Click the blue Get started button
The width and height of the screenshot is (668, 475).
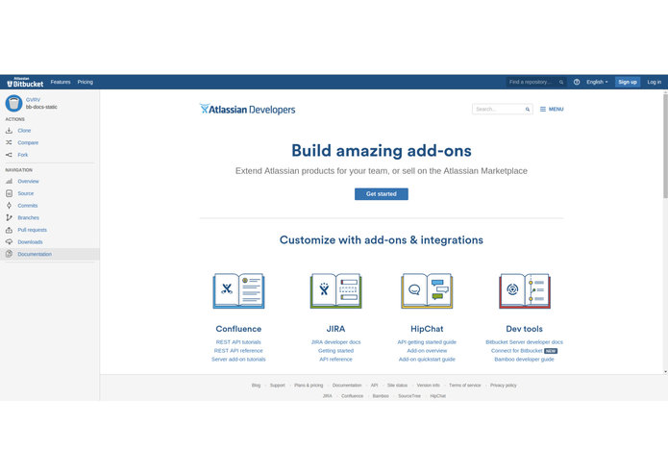pyautogui.click(x=381, y=194)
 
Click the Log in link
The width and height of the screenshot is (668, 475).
pyautogui.click(x=654, y=82)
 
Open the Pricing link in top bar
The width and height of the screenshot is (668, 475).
pyautogui.click(x=86, y=82)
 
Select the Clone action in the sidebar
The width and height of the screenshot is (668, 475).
pyautogui.click(x=24, y=130)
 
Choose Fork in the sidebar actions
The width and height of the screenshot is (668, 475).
pyautogui.click(x=23, y=155)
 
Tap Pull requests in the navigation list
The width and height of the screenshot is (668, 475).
pyautogui.click(x=32, y=230)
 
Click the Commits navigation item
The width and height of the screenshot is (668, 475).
pyautogui.click(x=28, y=206)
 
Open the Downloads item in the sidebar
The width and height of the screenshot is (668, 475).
pyautogui.click(x=30, y=242)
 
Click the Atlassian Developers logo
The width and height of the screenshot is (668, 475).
pyautogui.click(x=247, y=110)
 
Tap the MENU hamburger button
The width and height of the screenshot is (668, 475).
pyautogui.click(x=551, y=110)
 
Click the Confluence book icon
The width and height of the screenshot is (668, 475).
pyautogui.click(x=238, y=290)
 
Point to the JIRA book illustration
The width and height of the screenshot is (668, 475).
pyautogui.click(x=335, y=290)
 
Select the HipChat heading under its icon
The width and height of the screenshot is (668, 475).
pyautogui.click(x=427, y=329)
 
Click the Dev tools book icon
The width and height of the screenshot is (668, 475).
pyautogui.click(x=524, y=290)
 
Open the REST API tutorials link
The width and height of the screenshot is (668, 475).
pyautogui.click(x=238, y=342)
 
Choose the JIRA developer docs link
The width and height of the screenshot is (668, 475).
pyautogui.click(x=335, y=342)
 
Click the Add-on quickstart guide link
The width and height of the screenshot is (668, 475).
pyautogui.click(x=427, y=359)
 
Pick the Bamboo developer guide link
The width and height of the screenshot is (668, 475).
pyautogui.click(x=524, y=359)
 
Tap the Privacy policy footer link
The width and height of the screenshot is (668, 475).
pyautogui.click(x=503, y=386)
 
